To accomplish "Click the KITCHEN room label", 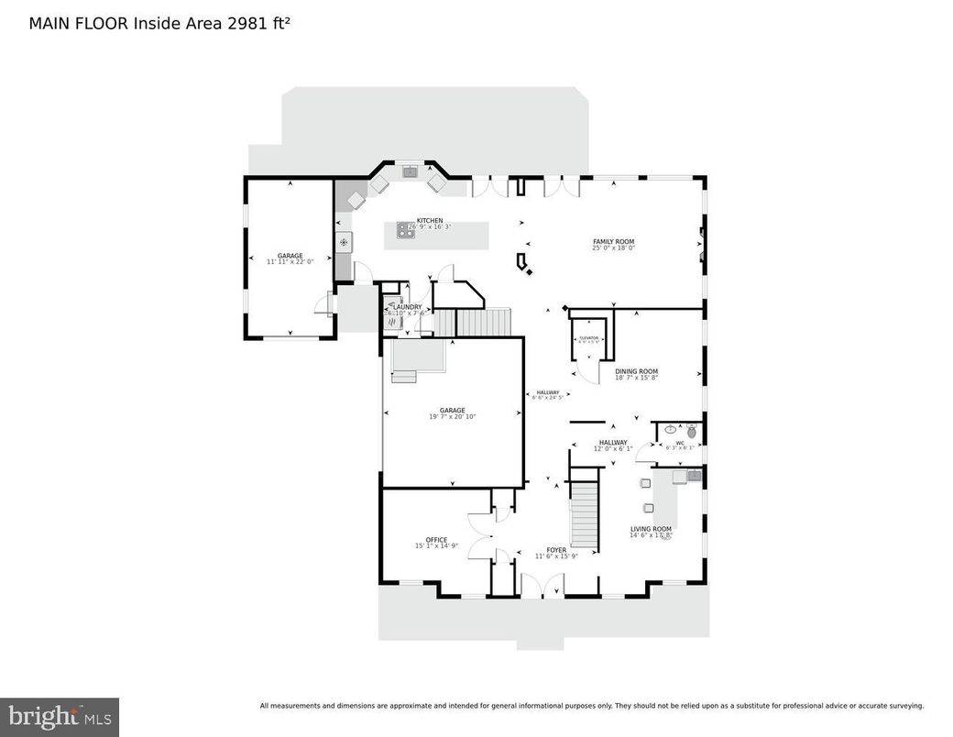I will [430, 221].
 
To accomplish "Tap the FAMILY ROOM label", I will [613, 242].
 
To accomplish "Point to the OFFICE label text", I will [436, 540].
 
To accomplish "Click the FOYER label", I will [556, 550].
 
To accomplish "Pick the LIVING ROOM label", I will [651, 529].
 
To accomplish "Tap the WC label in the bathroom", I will [680, 443].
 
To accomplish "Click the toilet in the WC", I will [692, 431].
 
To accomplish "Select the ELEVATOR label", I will [588, 337].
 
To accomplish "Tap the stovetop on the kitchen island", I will [405, 232].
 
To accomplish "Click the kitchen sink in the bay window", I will [409, 170].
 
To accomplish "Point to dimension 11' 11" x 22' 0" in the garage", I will [290, 262].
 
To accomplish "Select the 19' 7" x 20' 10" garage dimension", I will [452, 417].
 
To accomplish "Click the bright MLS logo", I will [59, 714].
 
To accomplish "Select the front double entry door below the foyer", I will [542, 586].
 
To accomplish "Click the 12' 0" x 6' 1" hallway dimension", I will [613, 448].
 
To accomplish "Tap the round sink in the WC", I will [671, 429].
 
